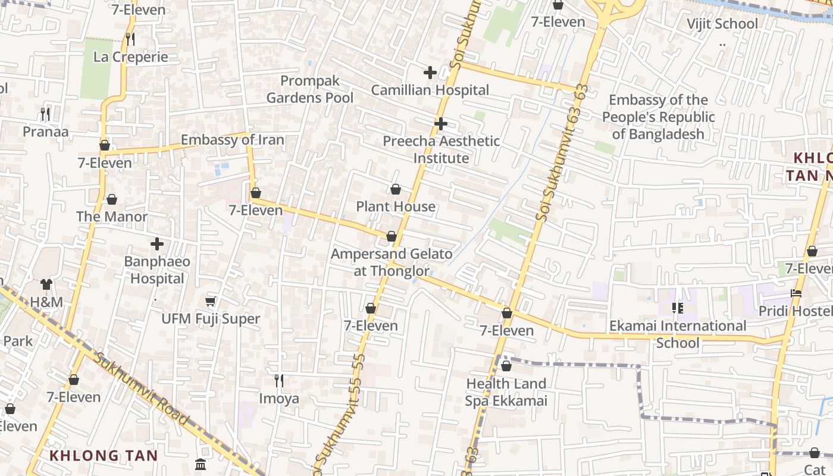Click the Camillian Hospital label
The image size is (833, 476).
430,90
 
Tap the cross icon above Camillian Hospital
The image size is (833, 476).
430,73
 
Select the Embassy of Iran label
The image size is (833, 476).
232,140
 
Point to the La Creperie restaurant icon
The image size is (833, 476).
130,39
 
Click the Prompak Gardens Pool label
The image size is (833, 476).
309,89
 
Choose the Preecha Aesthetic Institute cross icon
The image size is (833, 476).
440,124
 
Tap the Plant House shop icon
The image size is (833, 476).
396,189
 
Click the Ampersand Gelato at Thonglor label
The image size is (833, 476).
392,262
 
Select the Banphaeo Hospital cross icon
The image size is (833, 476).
157,244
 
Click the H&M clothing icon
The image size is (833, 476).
46,284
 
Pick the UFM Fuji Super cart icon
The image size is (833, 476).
210,302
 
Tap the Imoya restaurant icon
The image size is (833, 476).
278,380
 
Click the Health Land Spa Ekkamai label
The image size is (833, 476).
506,392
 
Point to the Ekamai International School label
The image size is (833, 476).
678,334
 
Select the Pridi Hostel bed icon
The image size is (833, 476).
796,293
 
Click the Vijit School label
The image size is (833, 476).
722,24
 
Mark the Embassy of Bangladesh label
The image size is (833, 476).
658,117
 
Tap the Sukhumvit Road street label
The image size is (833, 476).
142,389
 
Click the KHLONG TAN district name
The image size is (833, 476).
104,456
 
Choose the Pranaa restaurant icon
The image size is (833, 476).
45,113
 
